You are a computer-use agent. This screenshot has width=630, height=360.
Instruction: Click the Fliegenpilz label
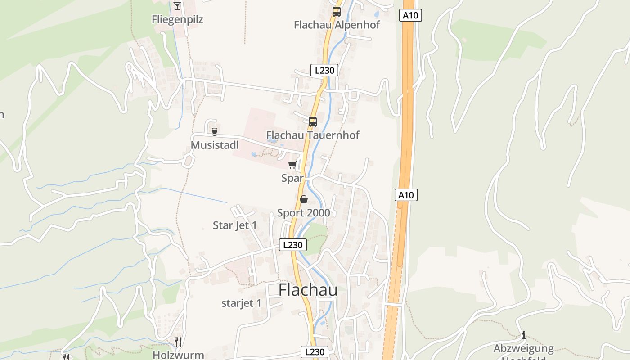(x=177, y=19)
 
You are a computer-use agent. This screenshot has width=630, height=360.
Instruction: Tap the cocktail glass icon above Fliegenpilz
(x=177, y=5)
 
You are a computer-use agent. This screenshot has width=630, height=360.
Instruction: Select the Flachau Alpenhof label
(x=337, y=25)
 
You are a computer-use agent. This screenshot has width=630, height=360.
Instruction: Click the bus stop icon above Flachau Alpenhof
(x=337, y=11)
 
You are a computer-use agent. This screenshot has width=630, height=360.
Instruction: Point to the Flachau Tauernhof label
(x=313, y=135)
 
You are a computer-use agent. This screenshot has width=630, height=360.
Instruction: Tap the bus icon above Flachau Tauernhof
(x=313, y=121)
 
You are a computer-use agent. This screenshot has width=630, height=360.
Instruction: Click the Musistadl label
(x=215, y=145)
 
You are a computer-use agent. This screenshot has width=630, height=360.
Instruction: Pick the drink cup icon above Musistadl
(x=215, y=131)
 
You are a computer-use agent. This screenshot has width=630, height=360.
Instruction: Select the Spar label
(x=292, y=178)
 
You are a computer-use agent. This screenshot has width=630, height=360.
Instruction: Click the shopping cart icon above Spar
(x=292, y=165)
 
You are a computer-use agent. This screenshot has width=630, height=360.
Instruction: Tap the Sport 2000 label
(x=304, y=213)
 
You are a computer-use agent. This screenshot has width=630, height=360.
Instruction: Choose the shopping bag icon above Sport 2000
(x=304, y=199)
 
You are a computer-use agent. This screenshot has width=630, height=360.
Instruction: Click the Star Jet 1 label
(x=235, y=225)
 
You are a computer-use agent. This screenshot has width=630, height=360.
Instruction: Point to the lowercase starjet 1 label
(x=241, y=303)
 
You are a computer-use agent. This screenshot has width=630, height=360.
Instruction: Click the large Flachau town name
(x=308, y=290)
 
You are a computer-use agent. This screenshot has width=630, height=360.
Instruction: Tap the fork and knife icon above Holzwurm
(x=178, y=342)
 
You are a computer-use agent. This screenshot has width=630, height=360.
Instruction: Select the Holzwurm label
(x=178, y=355)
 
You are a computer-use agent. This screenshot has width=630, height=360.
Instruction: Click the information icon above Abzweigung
(x=524, y=335)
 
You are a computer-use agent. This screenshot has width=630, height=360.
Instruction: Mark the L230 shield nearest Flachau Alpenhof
(x=324, y=70)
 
